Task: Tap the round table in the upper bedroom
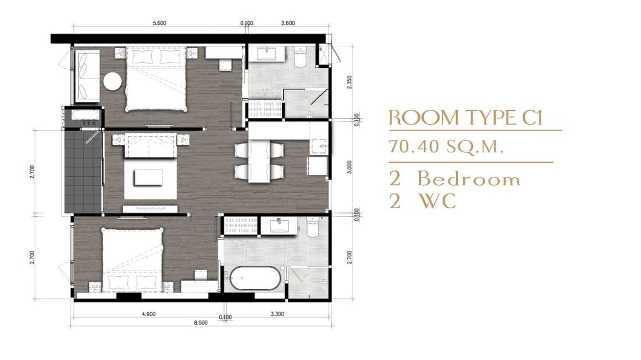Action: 113,81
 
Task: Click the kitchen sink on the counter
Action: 318,146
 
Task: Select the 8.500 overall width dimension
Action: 201,323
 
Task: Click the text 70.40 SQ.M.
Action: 447,147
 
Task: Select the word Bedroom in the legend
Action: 469,179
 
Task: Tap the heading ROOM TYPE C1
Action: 466,118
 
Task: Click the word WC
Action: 437,202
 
